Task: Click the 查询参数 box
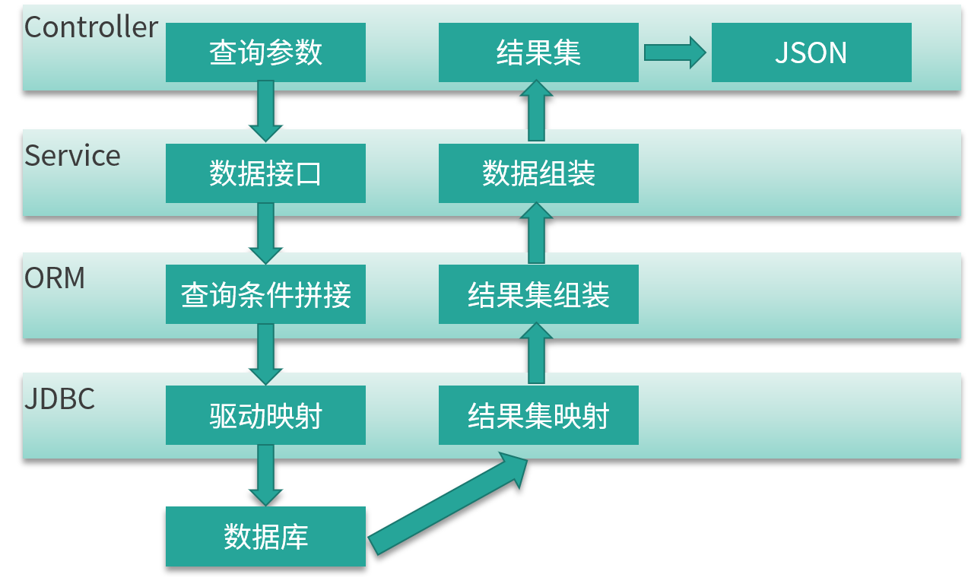265,52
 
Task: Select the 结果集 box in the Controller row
538,52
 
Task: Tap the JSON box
811,52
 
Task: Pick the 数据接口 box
265,173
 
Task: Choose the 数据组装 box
538,173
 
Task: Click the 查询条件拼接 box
265,294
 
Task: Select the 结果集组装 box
538,294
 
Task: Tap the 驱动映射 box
265,415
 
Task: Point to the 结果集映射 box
538,415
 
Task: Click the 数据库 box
265,536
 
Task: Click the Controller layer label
90,27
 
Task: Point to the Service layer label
72,156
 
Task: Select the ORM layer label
55,278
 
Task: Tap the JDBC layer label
59,398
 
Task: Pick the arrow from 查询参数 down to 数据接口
265,111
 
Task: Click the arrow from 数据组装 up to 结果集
536,111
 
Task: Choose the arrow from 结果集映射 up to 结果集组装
536,354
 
